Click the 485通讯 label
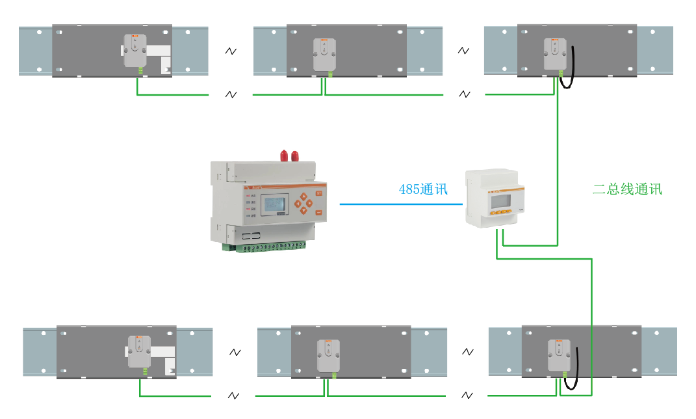pyautogui.click(x=423, y=189)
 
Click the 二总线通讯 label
pyautogui.click(x=627, y=189)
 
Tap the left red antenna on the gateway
pyautogui.click(x=284, y=155)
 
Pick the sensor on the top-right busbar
pyautogui.click(x=554, y=55)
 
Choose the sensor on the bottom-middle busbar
pyautogui.click(x=328, y=356)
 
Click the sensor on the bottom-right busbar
pyautogui.click(x=558, y=356)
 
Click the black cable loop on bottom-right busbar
pyautogui.click(x=573, y=370)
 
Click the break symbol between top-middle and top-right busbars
pyautogui.click(x=463, y=50)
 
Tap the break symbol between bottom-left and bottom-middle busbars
pyautogui.click(x=235, y=352)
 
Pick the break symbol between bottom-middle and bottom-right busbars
pyautogui.click(x=467, y=352)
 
